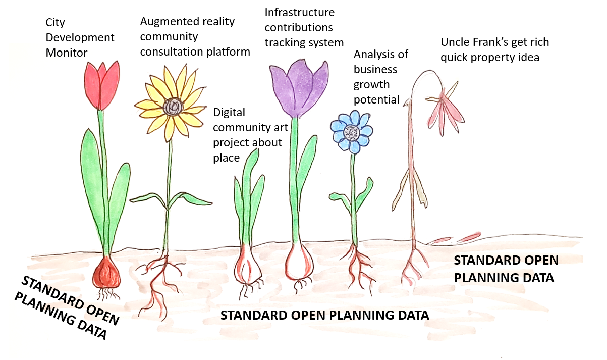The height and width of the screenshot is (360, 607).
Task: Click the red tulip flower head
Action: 102,85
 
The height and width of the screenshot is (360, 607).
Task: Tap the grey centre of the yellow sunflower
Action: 173,107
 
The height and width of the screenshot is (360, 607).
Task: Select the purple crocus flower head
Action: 299,88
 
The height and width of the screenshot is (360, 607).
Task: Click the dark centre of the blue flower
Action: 352,132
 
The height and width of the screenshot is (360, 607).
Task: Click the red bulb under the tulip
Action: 106,273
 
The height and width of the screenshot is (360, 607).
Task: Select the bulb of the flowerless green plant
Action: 247,265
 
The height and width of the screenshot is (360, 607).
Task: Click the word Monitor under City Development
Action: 67,53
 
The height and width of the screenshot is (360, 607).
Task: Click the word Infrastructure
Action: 299,13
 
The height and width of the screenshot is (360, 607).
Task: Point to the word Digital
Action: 229,113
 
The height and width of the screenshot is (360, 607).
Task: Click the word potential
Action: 376,100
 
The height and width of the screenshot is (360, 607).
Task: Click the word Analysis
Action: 371,55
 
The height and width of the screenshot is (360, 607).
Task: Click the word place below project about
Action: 226,158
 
